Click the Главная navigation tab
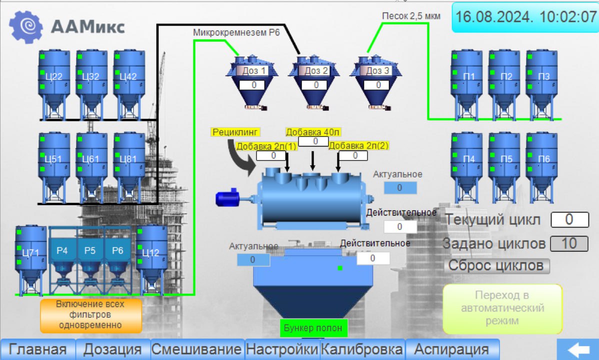[x=37, y=349]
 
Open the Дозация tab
[x=112, y=349]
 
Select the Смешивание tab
[x=197, y=349]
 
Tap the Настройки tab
[x=282, y=349]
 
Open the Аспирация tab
[x=451, y=349]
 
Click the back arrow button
[x=577, y=349]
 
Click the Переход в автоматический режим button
[x=502, y=308]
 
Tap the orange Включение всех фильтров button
[x=90, y=314]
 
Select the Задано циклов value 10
[x=569, y=244]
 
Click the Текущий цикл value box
[x=569, y=219]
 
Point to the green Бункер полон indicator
[x=313, y=328]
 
